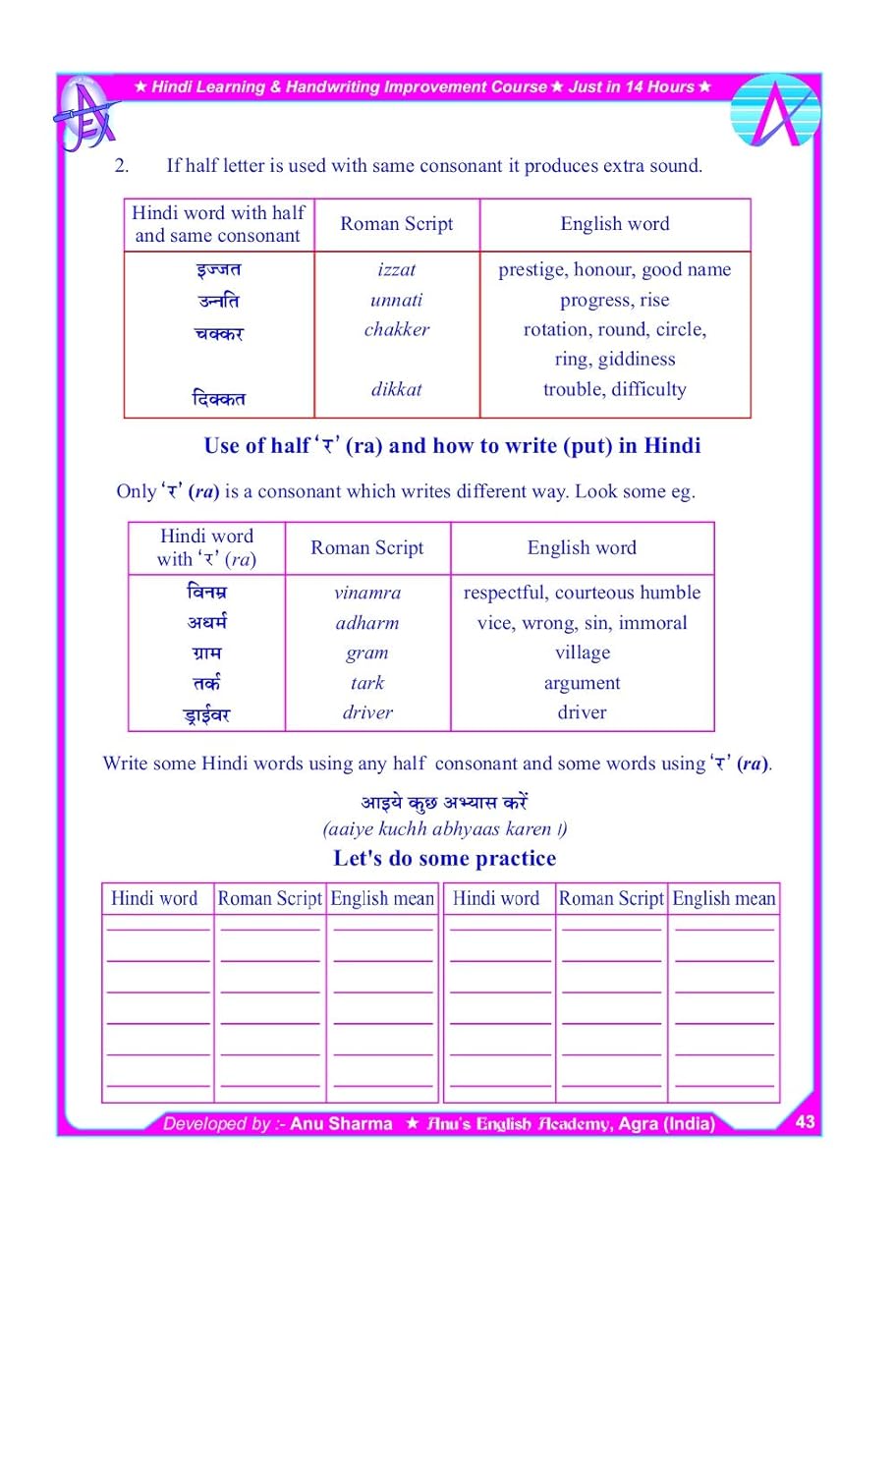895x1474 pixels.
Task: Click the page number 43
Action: [x=806, y=1121]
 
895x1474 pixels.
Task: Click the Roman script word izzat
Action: [x=397, y=269]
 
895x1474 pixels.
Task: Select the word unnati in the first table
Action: [x=397, y=300]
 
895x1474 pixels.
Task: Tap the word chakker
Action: [x=397, y=329]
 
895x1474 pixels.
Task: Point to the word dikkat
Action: [x=397, y=389]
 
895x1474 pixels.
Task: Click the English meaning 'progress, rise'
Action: [x=615, y=300]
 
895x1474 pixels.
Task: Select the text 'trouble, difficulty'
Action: [x=615, y=389]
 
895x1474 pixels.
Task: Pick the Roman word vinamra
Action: [x=367, y=593]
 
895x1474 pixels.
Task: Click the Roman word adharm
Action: [x=367, y=623]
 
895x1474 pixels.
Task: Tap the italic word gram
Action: [x=367, y=652]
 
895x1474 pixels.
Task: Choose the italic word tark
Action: [x=367, y=683]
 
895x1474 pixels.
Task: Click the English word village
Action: [x=583, y=652]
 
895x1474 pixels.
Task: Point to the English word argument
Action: [x=583, y=683]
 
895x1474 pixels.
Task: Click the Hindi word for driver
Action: [x=206, y=714]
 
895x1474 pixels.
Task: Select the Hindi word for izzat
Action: [x=218, y=269]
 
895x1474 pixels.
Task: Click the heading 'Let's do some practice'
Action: [x=445, y=858]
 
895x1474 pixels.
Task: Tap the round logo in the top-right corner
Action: [x=776, y=111]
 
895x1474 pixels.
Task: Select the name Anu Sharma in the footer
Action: [x=341, y=1123]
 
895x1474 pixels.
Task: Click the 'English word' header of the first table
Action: [x=615, y=224]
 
